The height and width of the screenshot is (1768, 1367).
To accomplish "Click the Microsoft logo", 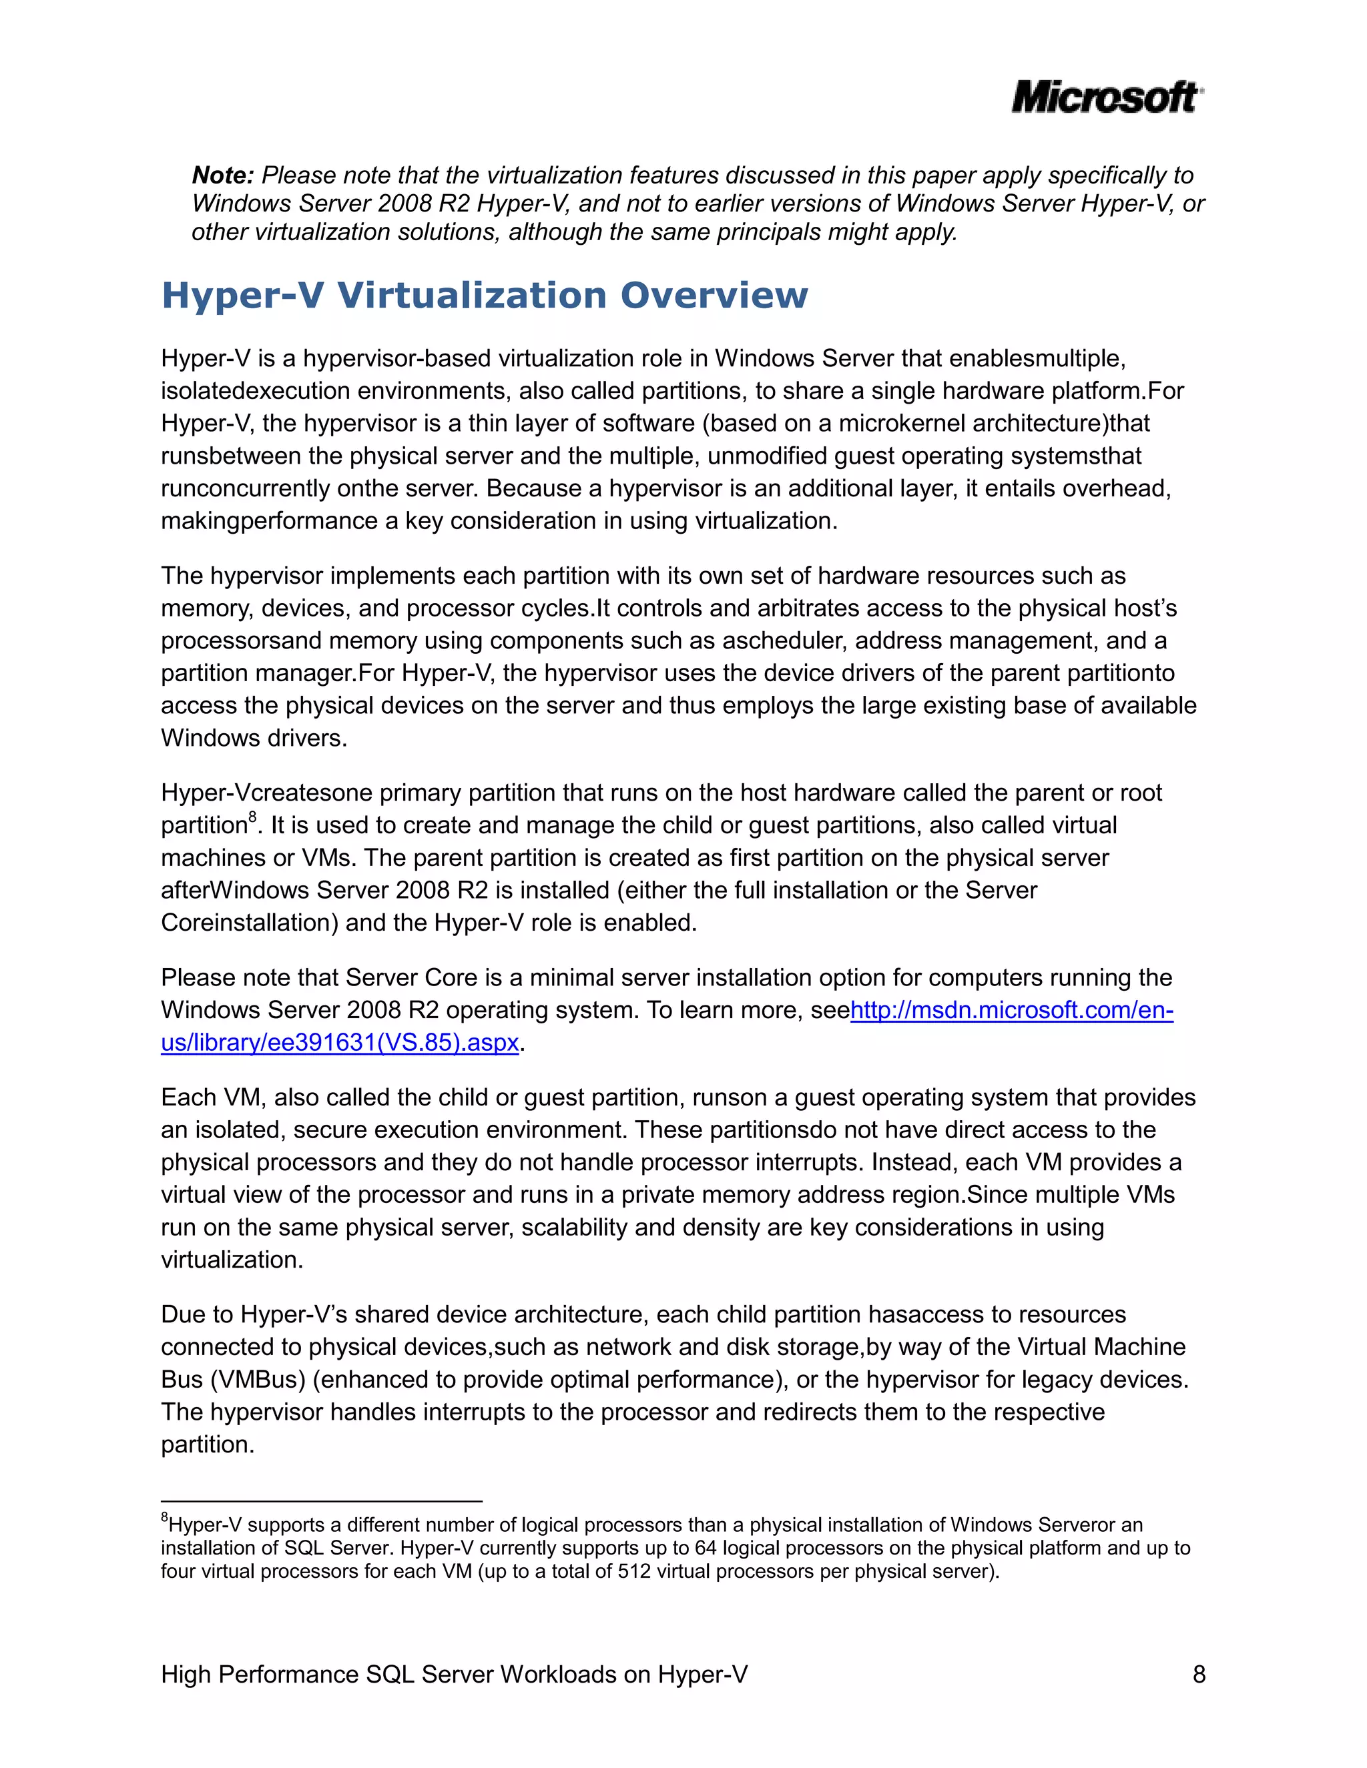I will pos(1106,97).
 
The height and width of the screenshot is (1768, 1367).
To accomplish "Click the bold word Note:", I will pos(223,175).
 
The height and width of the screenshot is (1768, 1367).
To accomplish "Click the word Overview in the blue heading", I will pos(714,295).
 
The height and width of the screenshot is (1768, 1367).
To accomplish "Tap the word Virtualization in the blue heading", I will pos(471,295).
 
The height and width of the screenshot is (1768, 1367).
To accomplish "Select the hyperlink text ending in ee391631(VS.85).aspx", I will pos(340,1043).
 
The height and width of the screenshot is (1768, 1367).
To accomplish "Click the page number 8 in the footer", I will pos(1199,1674).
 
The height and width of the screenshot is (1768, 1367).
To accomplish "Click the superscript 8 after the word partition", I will pos(253,816).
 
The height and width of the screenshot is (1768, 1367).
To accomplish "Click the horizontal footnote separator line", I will pos(322,1501).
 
